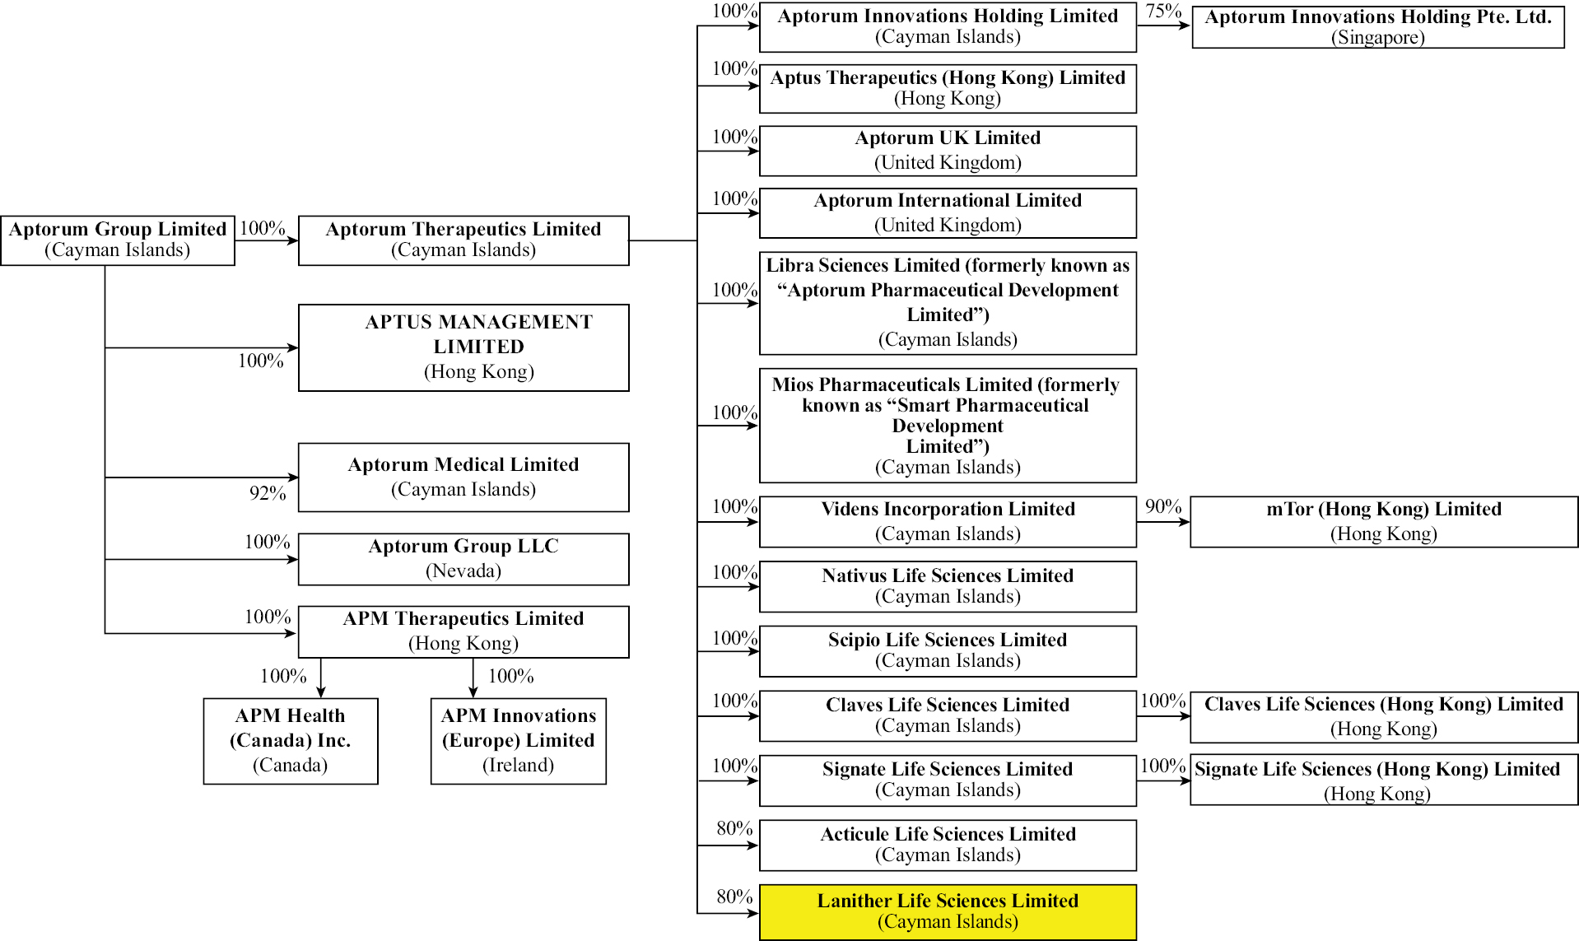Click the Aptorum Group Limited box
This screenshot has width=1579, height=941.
[x=118, y=240]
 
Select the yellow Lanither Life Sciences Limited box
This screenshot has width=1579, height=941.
[x=948, y=911]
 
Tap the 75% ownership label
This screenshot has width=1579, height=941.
[x=1163, y=11]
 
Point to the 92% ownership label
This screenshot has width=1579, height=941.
[x=268, y=493]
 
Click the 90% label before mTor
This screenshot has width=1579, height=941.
[x=1162, y=506]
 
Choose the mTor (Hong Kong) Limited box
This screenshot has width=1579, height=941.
[x=1383, y=521]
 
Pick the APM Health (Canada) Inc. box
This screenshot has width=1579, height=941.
[x=291, y=740]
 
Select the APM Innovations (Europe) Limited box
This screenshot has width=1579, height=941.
[x=518, y=740]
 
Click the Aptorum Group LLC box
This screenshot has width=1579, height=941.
[x=463, y=559]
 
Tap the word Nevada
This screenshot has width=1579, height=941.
[x=463, y=571]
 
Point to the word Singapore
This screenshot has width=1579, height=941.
[x=1377, y=37]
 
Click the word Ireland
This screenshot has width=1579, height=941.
[x=518, y=765]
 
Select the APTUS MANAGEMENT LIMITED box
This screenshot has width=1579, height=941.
[x=463, y=347]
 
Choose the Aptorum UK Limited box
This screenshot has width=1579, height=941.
[x=948, y=150]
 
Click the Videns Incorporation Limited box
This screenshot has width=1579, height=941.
[x=948, y=521]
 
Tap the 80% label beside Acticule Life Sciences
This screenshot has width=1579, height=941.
[x=734, y=828]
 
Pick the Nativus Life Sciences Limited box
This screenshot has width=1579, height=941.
[x=948, y=586]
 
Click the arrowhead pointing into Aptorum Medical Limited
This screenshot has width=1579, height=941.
[x=293, y=477]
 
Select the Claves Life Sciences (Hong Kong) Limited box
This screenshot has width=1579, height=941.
[x=1383, y=716]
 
